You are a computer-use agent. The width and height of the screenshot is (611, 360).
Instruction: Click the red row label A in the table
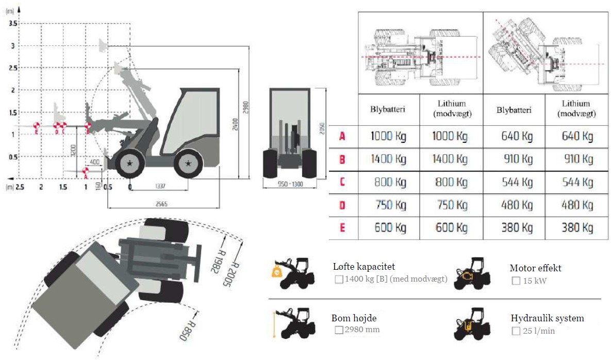click(342, 137)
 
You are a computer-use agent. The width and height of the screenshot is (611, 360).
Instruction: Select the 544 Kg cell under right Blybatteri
click(515, 182)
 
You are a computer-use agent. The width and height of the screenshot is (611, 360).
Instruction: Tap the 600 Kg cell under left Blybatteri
click(388, 227)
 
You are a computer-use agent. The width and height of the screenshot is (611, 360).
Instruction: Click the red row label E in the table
click(342, 227)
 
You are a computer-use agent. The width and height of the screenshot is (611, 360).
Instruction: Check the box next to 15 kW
click(516, 281)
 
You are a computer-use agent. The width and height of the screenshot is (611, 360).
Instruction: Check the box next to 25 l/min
click(516, 331)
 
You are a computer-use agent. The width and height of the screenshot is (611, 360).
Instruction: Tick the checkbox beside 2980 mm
click(339, 330)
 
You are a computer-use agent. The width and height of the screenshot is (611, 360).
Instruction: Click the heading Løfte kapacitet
click(364, 267)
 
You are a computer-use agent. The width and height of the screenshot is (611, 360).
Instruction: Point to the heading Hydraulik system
click(547, 318)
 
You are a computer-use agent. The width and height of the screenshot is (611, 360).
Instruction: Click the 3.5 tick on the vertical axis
click(13, 24)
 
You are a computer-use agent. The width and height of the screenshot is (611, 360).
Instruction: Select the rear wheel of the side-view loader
click(188, 164)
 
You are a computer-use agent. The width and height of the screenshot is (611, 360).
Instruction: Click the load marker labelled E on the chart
click(36, 126)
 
